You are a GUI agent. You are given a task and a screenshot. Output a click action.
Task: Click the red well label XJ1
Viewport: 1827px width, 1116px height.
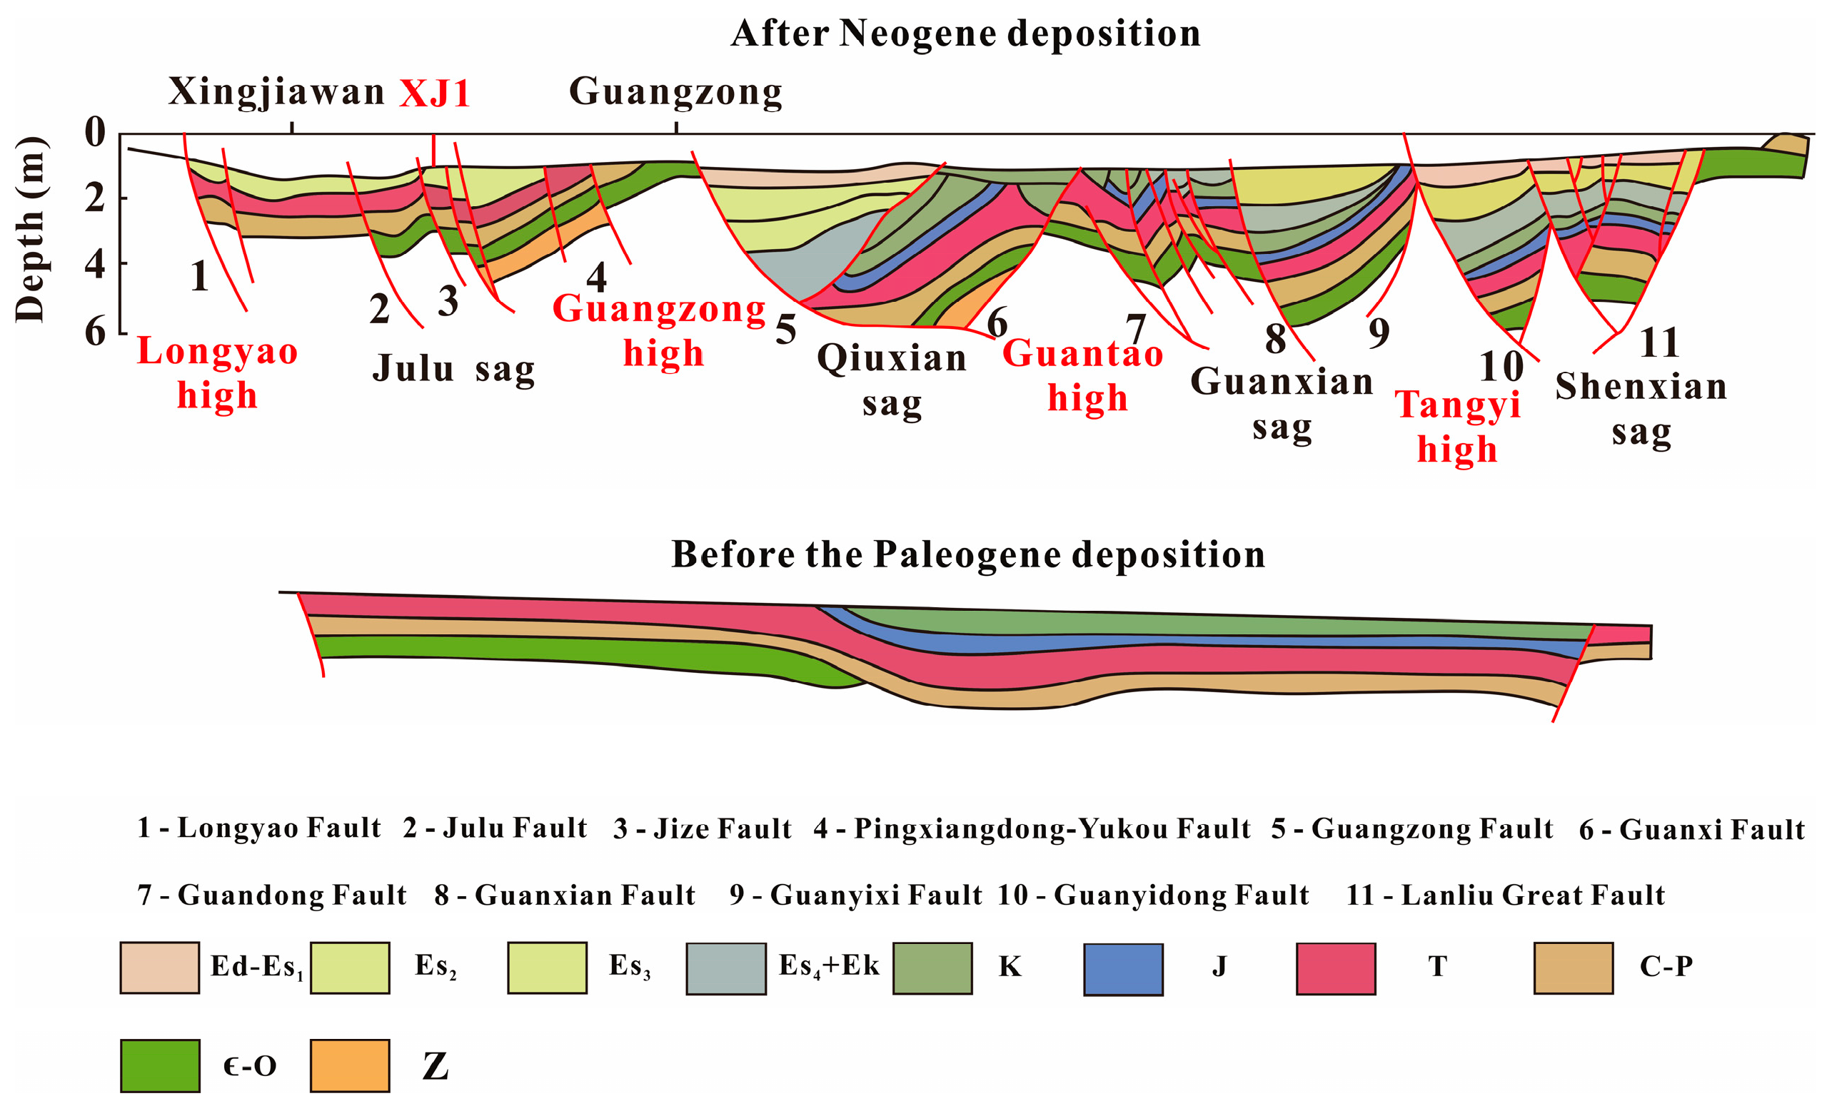coord(435,94)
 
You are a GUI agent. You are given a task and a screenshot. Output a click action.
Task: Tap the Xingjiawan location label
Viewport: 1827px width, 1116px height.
coord(276,92)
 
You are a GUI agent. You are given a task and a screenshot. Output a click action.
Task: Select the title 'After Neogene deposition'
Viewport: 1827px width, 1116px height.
coord(965,34)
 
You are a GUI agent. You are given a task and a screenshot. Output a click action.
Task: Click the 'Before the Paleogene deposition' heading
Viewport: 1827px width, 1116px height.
coord(967,554)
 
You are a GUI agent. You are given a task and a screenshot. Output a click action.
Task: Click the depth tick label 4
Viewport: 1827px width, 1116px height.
coord(95,263)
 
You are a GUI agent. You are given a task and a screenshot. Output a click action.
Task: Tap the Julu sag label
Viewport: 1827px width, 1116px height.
coord(453,368)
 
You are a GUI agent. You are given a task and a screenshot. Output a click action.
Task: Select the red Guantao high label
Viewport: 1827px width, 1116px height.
coord(1084,376)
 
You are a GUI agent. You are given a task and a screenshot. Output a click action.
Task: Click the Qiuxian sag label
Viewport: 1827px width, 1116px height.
coord(892,380)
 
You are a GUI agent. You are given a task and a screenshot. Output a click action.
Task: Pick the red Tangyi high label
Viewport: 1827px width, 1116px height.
coord(1458,427)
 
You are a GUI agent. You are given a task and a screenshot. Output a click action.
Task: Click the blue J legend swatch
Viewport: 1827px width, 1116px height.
coord(1122,968)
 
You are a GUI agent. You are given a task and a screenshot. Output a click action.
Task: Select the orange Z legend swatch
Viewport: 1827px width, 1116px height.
coord(349,1065)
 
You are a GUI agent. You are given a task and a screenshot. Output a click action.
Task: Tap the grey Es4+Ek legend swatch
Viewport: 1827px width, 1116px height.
coord(725,968)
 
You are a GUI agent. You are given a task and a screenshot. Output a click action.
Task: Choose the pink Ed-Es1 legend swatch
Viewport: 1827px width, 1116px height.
coord(159,968)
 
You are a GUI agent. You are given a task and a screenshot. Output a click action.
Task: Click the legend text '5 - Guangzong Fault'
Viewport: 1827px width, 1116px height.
coord(1411,828)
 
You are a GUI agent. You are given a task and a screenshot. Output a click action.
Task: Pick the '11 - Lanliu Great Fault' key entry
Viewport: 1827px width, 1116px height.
coord(1505,896)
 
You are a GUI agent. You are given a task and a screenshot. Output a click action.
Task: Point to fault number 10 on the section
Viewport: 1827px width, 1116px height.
coord(1501,366)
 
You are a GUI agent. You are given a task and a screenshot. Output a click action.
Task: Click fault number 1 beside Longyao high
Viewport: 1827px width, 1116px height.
coord(198,276)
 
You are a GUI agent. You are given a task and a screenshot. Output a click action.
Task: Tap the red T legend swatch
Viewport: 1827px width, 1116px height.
coord(1335,968)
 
